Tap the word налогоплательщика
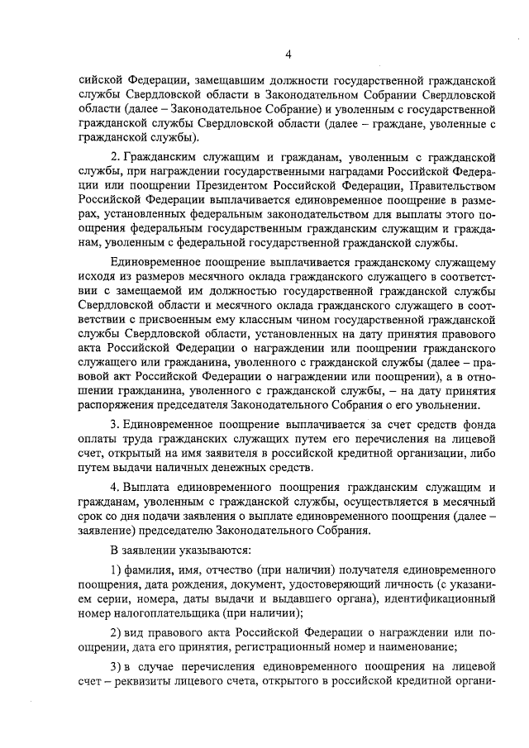click(166, 612)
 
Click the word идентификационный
click(437, 598)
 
